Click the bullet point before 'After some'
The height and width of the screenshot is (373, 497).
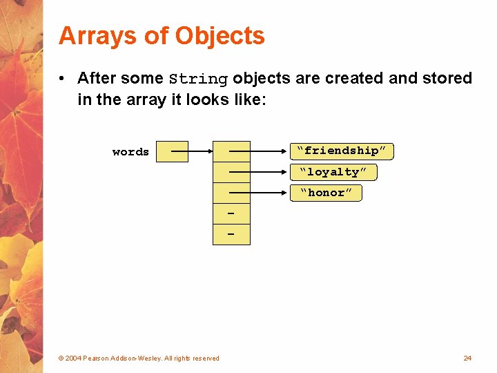click(63, 78)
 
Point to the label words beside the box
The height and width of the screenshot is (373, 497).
click(130, 152)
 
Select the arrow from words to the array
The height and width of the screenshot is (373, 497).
click(200, 151)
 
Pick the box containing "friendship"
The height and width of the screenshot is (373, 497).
click(342, 151)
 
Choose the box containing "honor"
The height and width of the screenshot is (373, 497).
click(325, 193)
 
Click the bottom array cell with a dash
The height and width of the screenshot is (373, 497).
click(231, 235)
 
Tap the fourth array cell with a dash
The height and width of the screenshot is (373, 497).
click(231, 214)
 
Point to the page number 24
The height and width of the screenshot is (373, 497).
click(467, 358)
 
